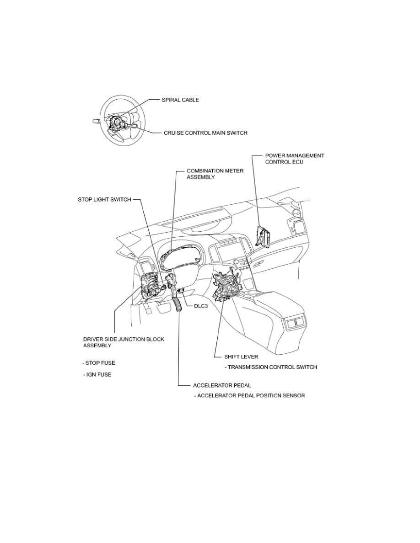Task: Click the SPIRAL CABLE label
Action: point(180,100)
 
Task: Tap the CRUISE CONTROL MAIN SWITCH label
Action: point(205,133)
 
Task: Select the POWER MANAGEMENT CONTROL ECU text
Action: point(295,159)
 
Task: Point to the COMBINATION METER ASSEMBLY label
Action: point(215,174)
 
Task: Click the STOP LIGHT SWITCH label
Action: point(104,199)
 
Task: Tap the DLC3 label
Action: point(201,306)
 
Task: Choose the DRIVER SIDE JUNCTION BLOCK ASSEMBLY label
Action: point(124,342)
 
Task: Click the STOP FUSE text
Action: point(99,363)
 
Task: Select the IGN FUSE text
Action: point(97,375)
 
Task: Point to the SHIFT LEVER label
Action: point(241,357)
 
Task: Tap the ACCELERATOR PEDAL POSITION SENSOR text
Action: point(249,395)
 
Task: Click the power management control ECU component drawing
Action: point(264,236)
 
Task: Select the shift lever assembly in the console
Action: point(227,281)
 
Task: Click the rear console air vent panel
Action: point(295,323)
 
